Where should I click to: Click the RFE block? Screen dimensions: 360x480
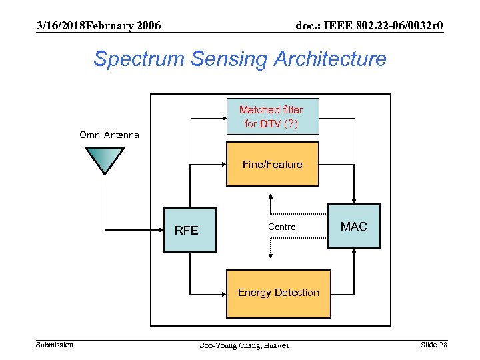click(x=190, y=231)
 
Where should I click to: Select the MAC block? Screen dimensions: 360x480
click(x=354, y=227)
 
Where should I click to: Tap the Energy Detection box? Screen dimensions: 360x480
click(x=279, y=293)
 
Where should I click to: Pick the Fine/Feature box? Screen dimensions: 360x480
click(x=272, y=164)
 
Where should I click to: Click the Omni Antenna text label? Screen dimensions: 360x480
click(x=109, y=135)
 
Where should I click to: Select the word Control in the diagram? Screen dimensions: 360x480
click(x=283, y=227)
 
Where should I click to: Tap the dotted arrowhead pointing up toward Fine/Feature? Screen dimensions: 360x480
click(x=269, y=197)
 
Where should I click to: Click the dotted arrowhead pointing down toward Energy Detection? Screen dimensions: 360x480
click(x=269, y=255)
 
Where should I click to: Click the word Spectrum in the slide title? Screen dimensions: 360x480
click(x=139, y=59)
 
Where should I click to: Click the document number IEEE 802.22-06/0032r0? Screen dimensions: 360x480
click(x=369, y=25)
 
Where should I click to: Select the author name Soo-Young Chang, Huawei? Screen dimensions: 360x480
click(x=245, y=345)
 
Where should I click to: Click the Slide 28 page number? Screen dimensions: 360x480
click(x=433, y=344)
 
